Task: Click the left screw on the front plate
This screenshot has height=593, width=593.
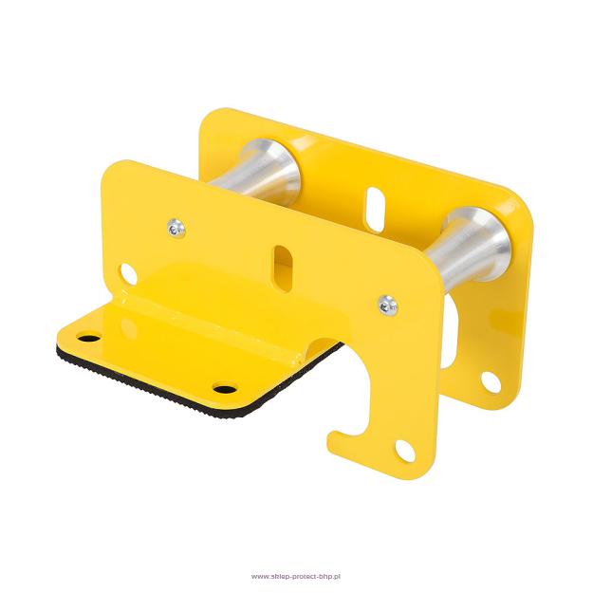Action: tap(176, 229)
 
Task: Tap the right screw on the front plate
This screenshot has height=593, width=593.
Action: tap(388, 305)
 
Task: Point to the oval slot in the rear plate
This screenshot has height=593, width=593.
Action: tap(375, 209)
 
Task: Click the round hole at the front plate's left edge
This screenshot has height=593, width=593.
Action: tap(127, 274)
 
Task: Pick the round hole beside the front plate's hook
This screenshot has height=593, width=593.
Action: tap(405, 450)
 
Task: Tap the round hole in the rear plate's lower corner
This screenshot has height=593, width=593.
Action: tap(491, 382)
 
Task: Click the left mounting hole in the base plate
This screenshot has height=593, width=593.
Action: tap(89, 336)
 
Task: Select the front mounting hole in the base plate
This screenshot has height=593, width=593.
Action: tap(225, 388)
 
